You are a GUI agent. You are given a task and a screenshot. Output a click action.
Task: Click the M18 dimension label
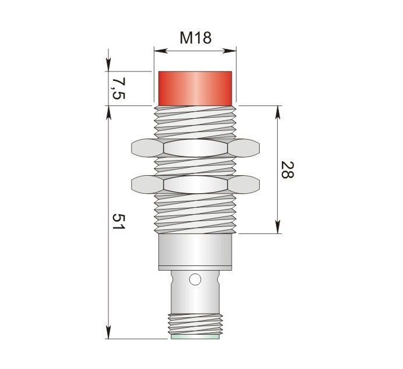(195, 38)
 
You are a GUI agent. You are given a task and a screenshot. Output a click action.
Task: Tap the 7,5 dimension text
(118, 88)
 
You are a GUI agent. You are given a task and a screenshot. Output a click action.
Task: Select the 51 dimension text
(119, 222)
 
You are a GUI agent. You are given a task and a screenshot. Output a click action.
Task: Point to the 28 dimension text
(287, 170)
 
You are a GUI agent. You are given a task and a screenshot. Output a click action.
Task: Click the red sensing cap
(195, 88)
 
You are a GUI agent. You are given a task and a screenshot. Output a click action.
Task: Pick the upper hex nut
(195, 148)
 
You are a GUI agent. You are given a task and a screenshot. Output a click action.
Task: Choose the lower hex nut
(195, 185)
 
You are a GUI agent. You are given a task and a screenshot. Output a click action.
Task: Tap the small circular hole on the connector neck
(195, 279)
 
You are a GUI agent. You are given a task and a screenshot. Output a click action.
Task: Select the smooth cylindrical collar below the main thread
(195, 252)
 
